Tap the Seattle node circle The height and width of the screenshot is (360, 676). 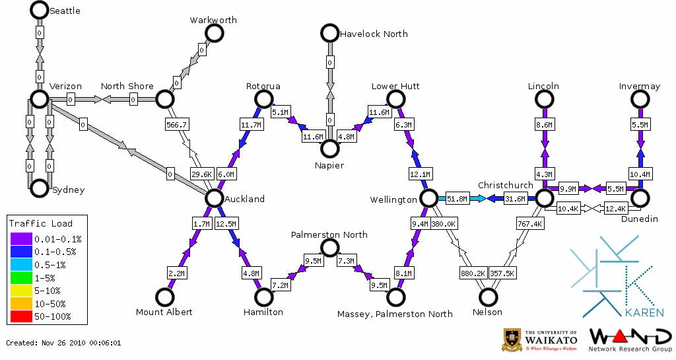coord(39,10)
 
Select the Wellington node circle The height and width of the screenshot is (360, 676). coord(429,198)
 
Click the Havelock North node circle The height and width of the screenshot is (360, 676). coord(329,33)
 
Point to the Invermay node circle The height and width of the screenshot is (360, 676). coord(640,99)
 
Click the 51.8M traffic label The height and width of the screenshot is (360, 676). coord(457,198)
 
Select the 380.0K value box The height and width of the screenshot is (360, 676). coord(444,224)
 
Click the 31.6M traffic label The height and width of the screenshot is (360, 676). coord(515,198)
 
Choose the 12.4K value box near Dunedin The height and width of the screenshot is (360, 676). coord(615,209)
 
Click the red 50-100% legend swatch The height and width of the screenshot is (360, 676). coord(20,316)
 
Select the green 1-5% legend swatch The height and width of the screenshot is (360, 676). coord(20,279)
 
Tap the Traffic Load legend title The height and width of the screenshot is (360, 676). coord(41,223)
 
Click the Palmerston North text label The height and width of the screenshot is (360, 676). coord(329,234)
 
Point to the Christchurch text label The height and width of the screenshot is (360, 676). coord(505,185)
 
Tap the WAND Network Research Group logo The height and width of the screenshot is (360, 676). coord(629,340)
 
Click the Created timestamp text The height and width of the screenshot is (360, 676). coord(64,343)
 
